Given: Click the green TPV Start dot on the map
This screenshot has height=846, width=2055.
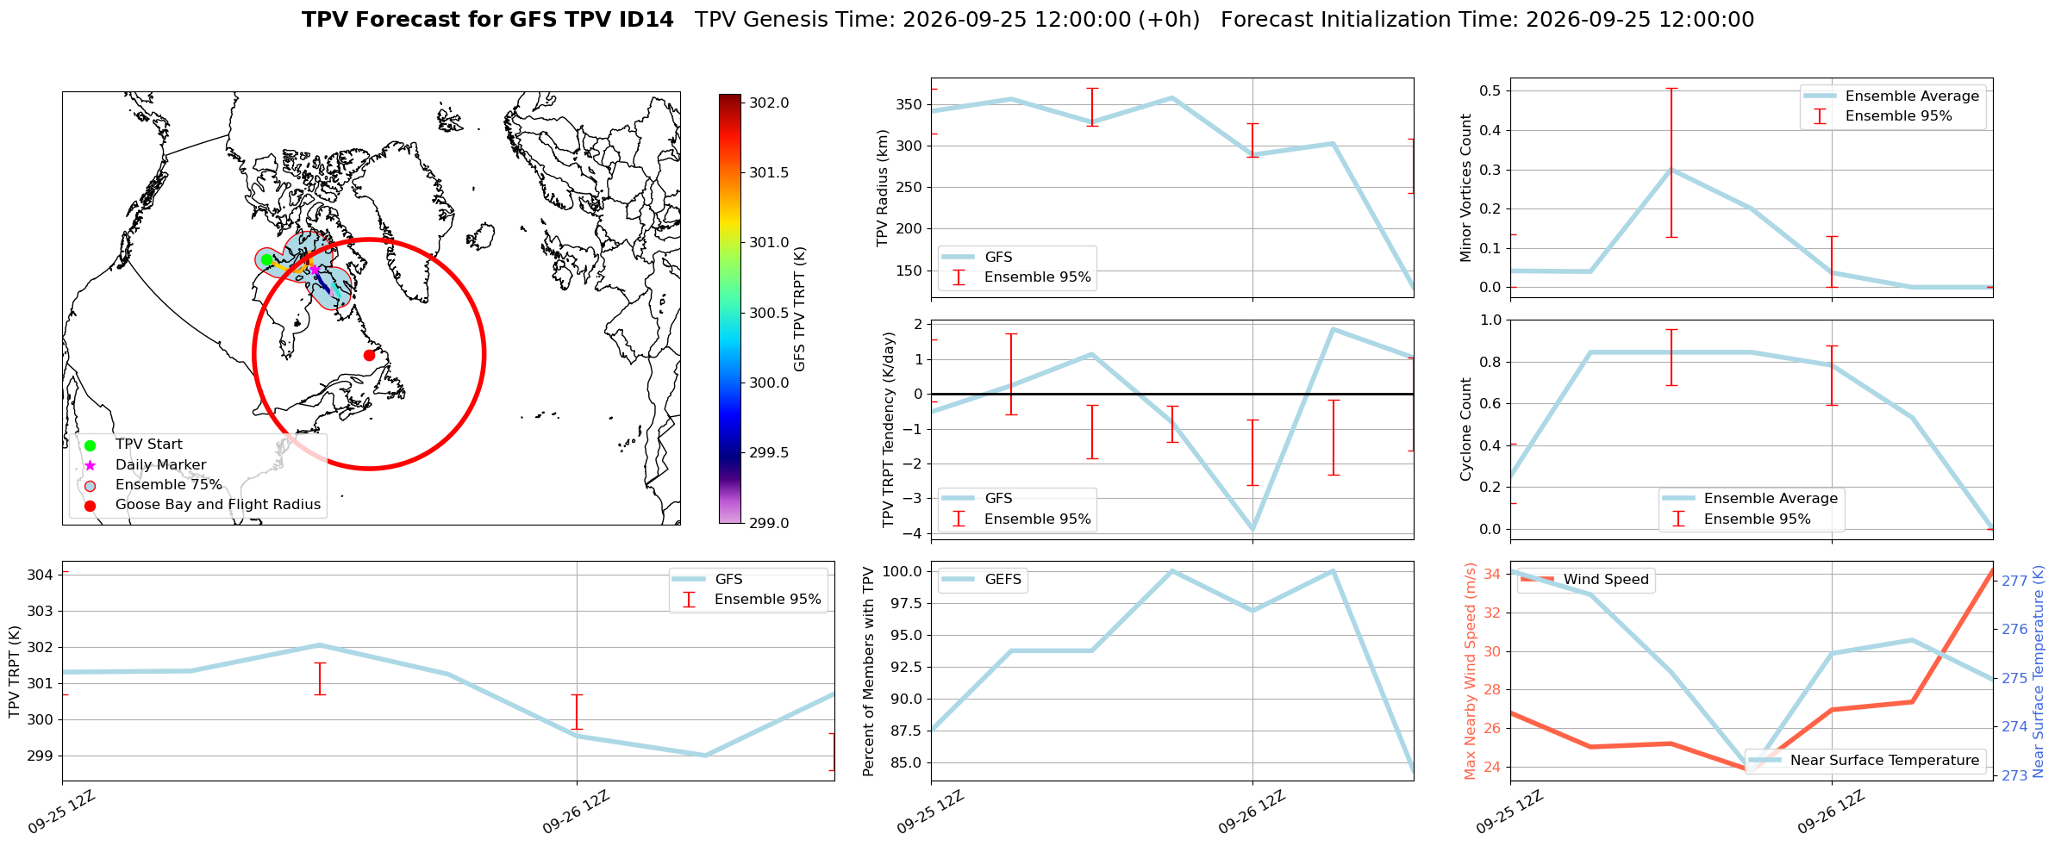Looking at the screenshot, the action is (266, 259).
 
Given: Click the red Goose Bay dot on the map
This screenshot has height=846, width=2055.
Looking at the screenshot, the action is (369, 355).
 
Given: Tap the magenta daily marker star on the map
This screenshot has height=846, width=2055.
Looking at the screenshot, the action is (315, 270).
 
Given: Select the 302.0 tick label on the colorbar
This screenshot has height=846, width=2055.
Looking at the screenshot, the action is (769, 103).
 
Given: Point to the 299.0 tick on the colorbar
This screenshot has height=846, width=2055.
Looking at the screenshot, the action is (769, 523).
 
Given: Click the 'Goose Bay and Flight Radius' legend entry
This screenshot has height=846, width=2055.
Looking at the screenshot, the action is (218, 505).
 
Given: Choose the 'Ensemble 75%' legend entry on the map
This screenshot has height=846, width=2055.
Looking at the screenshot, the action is (169, 485).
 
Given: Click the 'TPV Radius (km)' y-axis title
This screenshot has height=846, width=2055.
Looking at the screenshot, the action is (882, 188).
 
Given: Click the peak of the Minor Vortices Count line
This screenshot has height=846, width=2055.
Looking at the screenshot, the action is (1671, 170).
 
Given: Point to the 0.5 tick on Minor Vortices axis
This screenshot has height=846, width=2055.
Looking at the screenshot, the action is (1490, 90).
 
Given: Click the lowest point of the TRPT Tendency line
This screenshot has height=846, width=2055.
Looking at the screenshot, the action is (1252, 529).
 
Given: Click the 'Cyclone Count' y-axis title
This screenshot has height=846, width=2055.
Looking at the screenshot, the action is (1466, 429).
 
